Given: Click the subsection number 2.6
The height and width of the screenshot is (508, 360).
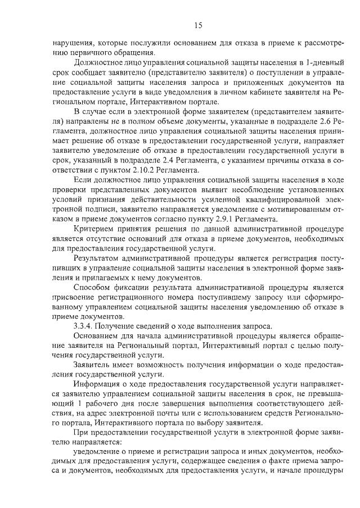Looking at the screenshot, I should point(308,123).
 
